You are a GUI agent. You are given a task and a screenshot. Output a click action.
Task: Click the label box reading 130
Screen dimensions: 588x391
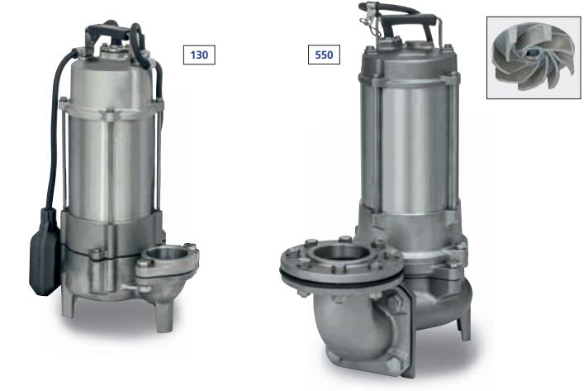coord(199,55)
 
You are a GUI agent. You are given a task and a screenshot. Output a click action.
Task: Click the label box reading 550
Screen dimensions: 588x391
coord(324,55)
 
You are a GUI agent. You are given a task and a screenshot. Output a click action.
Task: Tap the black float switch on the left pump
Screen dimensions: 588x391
coord(45,251)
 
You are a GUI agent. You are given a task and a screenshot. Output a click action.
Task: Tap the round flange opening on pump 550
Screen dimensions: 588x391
coord(341,253)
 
